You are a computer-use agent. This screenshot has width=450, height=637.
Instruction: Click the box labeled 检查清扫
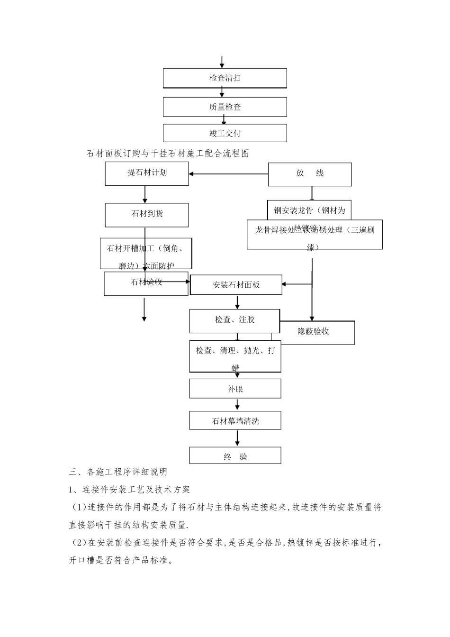[x=225, y=78]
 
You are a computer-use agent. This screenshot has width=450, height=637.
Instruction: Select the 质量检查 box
[x=225, y=107]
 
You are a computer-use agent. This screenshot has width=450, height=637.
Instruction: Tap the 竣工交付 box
[x=225, y=133]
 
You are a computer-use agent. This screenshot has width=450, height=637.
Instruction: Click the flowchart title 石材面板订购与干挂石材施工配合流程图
[x=168, y=153]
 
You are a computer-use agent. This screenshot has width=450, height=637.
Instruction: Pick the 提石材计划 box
[x=147, y=173]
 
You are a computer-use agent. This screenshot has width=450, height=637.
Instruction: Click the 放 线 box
[x=310, y=174]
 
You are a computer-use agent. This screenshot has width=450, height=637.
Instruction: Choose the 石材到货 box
[x=147, y=215]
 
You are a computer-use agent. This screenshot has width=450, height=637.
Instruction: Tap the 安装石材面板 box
[x=236, y=285]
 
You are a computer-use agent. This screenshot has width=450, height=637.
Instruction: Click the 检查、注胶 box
[x=234, y=320]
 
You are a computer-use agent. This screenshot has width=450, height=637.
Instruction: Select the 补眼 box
[x=235, y=389]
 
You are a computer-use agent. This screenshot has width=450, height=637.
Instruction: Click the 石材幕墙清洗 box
[x=235, y=421]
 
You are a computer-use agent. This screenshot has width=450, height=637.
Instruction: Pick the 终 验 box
[x=235, y=456]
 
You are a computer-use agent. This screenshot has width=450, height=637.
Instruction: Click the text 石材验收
[x=146, y=282]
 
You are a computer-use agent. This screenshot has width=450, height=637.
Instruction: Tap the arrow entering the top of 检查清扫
[x=222, y=62]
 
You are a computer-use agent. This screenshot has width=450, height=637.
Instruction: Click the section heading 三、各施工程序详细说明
[x=118, y=472]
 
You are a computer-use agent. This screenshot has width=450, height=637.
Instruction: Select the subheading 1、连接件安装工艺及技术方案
[x=129, y=490]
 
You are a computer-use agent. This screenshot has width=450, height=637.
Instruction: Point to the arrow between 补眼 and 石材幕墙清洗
[x=237, y=404]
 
